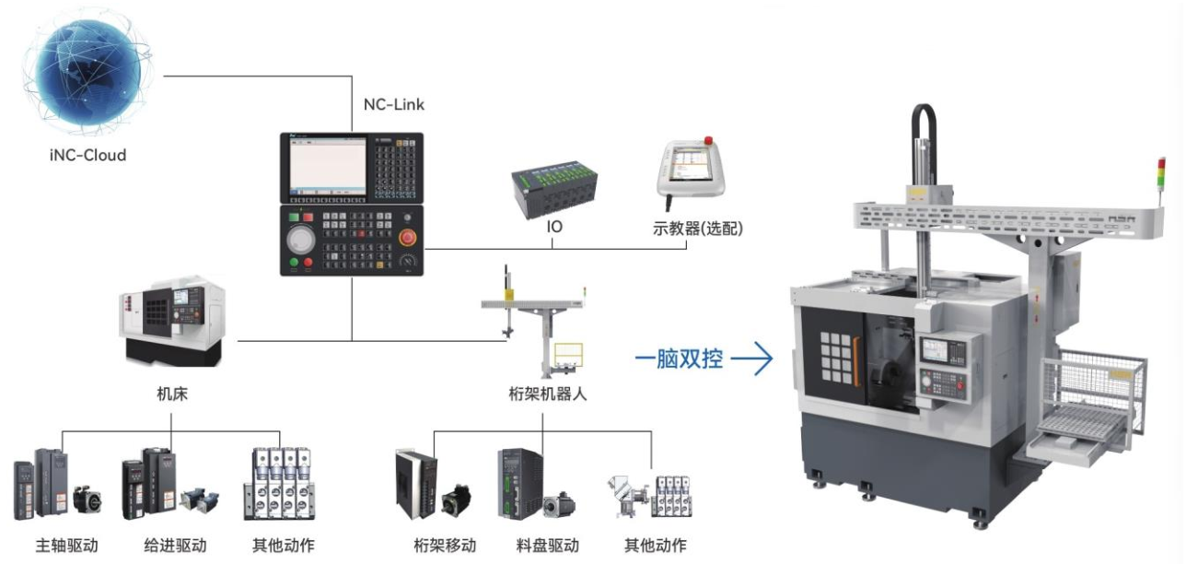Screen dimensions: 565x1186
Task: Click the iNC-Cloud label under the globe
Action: coord(87,155)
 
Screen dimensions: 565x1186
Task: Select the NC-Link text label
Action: coord(394,104)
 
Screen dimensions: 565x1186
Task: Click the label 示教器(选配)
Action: coord(697,227)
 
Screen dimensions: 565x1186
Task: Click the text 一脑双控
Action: coord(680,359)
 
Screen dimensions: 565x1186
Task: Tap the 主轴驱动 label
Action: coord(66,546)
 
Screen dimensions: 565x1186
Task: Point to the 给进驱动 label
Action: coord(176,546)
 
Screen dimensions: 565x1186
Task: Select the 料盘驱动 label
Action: coord(548,546)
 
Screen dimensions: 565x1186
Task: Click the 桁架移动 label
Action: coord(444,546)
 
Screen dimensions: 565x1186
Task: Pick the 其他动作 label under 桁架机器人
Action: coord(655,546)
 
